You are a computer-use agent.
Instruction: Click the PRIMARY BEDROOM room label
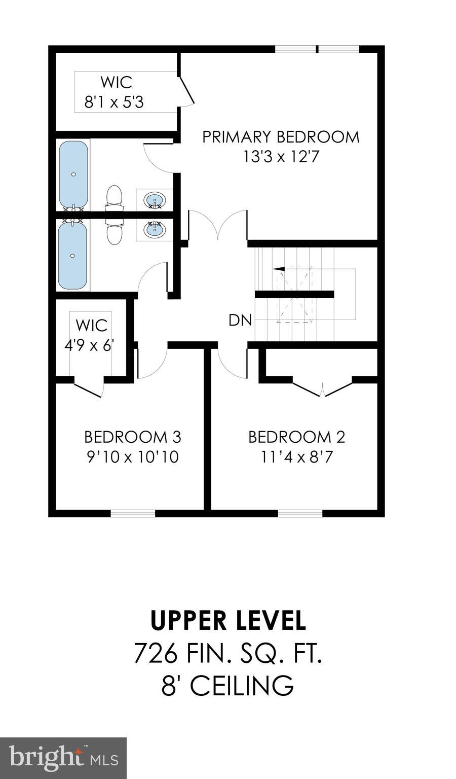(281, 137)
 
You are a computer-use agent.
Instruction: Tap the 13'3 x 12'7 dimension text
(281, 157)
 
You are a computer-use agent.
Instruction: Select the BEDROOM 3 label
(132, 437)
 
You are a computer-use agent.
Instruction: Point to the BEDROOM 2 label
(296, 437)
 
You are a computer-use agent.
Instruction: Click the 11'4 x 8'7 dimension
(296, 457)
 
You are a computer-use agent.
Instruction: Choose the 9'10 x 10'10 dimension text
(132, 457)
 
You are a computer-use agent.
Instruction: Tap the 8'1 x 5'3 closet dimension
(114, 103)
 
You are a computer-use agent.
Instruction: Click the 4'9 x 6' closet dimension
(89, 345)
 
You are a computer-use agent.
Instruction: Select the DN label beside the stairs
(240, 321)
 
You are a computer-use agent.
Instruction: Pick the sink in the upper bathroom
(154, 200)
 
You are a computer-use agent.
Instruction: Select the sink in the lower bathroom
(154, 229)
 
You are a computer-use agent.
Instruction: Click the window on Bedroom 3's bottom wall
(133, 513)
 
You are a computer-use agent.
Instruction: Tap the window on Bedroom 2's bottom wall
(300, 513)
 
